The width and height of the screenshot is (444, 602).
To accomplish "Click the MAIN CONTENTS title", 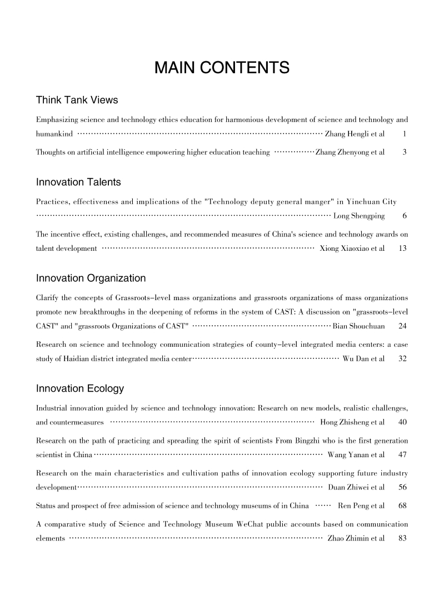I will pos(222,68).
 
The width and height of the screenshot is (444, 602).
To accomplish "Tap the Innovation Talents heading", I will pos(78,182).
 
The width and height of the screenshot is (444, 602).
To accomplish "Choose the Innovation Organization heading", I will pos(91,278).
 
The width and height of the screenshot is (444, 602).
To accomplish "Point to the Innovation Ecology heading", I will pos(80,388).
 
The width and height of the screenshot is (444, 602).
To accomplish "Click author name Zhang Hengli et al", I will pos(355,134).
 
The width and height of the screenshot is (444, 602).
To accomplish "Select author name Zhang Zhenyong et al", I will pos(350,152).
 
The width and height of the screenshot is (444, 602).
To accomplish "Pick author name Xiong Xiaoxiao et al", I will pos(352,248).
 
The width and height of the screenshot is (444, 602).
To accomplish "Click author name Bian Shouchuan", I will pos(358,326).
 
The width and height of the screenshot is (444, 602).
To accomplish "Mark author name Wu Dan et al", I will pos(363,358).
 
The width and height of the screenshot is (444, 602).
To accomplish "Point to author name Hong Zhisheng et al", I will pos(352,423).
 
